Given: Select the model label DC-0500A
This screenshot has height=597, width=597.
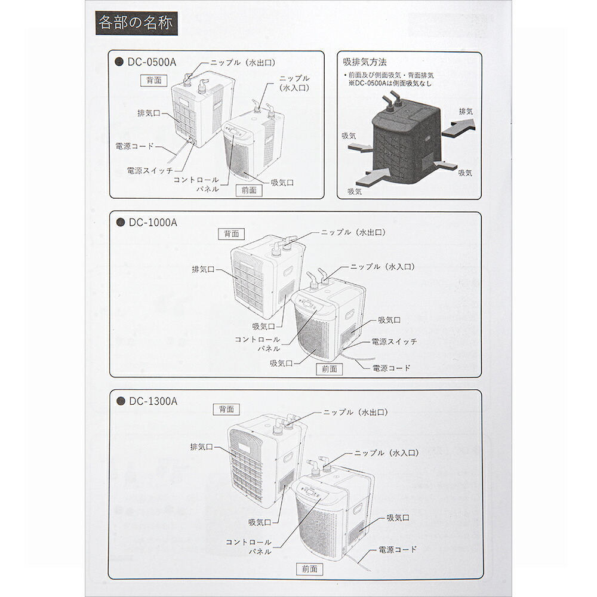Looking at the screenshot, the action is pos(152,62).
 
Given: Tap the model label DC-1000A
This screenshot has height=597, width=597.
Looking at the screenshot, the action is pos(153,222).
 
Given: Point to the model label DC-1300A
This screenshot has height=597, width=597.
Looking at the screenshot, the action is pos(153,401).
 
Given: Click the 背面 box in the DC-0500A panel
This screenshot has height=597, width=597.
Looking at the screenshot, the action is pos(154,80).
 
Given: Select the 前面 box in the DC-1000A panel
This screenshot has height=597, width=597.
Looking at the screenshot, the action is pos(330,369).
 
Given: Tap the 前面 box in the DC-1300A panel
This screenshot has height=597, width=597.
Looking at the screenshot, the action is pos(309,569).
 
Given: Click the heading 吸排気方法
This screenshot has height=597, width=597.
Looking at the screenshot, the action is pos(365,61).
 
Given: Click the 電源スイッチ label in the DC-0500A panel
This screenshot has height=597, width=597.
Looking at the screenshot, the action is pos(150,171).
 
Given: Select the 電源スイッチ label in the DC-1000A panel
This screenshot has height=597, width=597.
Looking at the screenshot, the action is pos(394,341).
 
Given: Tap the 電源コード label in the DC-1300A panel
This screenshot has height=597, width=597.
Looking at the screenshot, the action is pos(398,549).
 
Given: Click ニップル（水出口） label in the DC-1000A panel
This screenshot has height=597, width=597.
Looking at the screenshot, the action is pos(353,232).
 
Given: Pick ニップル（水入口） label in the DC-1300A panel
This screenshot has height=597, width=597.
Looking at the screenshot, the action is pos(386,453).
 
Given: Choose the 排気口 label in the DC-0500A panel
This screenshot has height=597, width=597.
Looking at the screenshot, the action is pos(149,113).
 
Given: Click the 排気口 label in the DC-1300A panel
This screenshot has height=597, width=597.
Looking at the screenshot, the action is pos(201,447).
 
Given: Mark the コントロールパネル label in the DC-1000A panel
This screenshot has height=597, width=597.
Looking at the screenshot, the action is pos(257,344).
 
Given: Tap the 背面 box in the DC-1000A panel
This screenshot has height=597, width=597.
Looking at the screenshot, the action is pos(232,234).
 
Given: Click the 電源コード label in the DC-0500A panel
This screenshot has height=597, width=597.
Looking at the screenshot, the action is pos(134,146).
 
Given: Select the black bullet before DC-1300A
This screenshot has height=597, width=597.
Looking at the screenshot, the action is pos(121,401).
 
